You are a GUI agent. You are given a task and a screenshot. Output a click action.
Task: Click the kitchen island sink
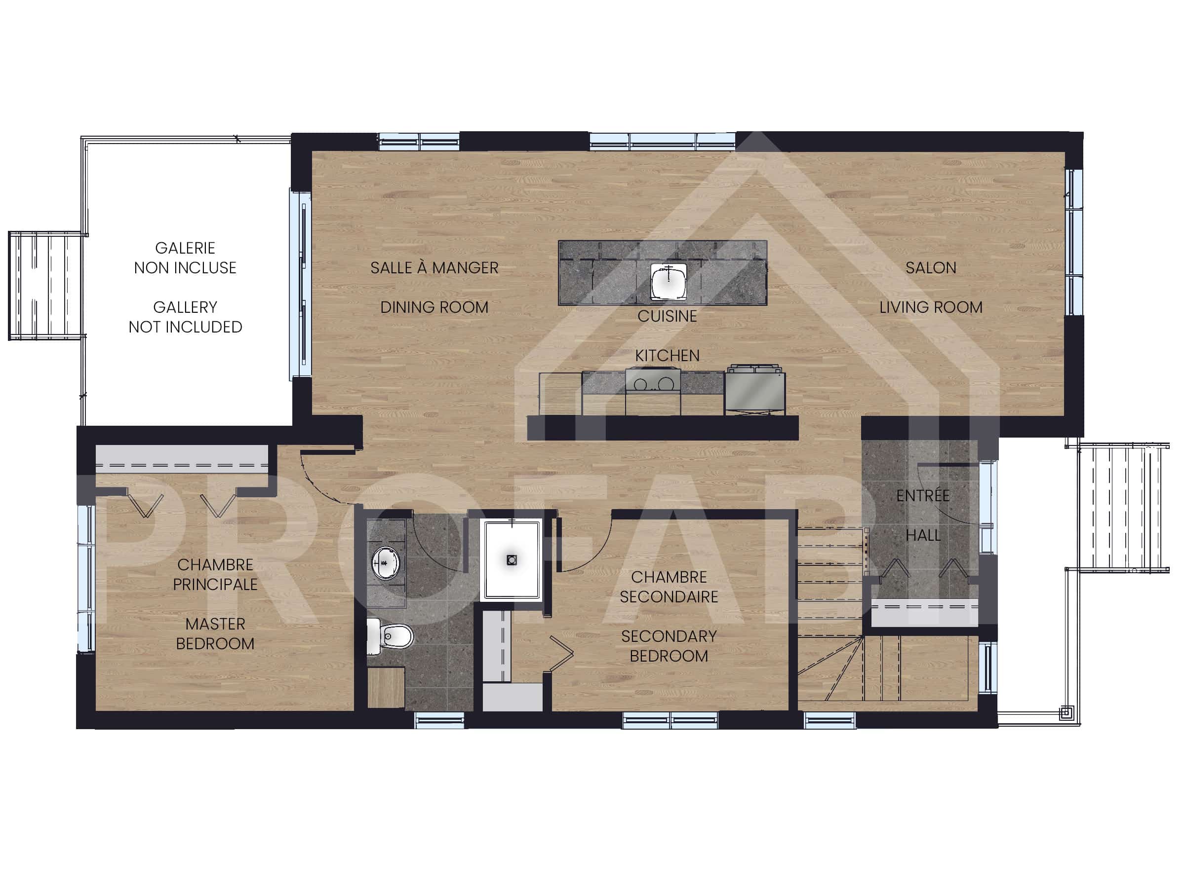668,282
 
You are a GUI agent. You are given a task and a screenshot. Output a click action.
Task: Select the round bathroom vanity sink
385,562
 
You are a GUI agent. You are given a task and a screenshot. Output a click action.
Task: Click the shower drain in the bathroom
511,560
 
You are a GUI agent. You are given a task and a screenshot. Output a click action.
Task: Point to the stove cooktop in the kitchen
653,382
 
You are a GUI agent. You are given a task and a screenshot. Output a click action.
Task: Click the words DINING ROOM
434,308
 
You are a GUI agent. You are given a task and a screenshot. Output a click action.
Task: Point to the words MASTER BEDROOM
215,634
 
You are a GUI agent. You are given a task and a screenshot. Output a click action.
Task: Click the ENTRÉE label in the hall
922,496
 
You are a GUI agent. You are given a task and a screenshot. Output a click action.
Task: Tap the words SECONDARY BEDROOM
669,646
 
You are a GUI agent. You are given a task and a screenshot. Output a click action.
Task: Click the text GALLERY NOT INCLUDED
185,317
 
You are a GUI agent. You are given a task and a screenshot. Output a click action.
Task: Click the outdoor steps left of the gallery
45,286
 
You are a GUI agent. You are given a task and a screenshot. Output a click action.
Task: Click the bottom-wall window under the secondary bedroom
670,720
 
